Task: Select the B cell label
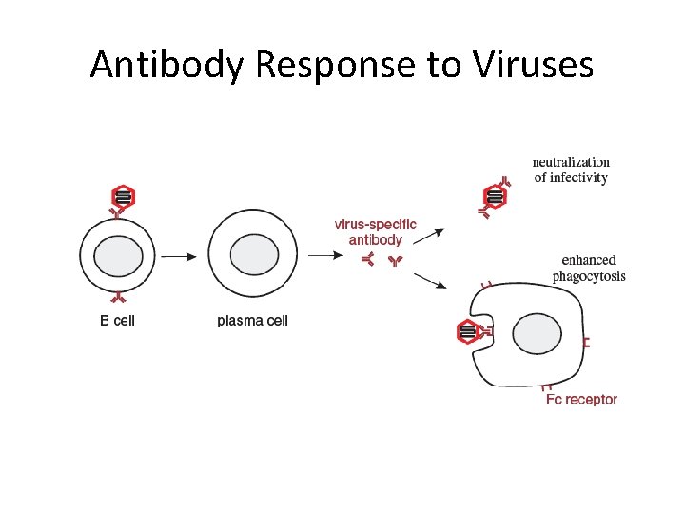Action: pos(118,321)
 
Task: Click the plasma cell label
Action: pos(252,321)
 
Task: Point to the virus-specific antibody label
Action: pos(375,233)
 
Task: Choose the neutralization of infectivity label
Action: pos(571,169)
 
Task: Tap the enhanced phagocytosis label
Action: pos(589,267)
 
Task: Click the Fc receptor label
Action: pos(581,399)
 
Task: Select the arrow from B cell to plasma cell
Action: pos(178,255)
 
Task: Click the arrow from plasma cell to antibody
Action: pos(323,255)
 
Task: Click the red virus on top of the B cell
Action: pos(123,197)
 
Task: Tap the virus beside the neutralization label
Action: pos(495,197)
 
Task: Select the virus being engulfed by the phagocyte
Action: pos(467,332)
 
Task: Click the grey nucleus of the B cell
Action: pos(119,255)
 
